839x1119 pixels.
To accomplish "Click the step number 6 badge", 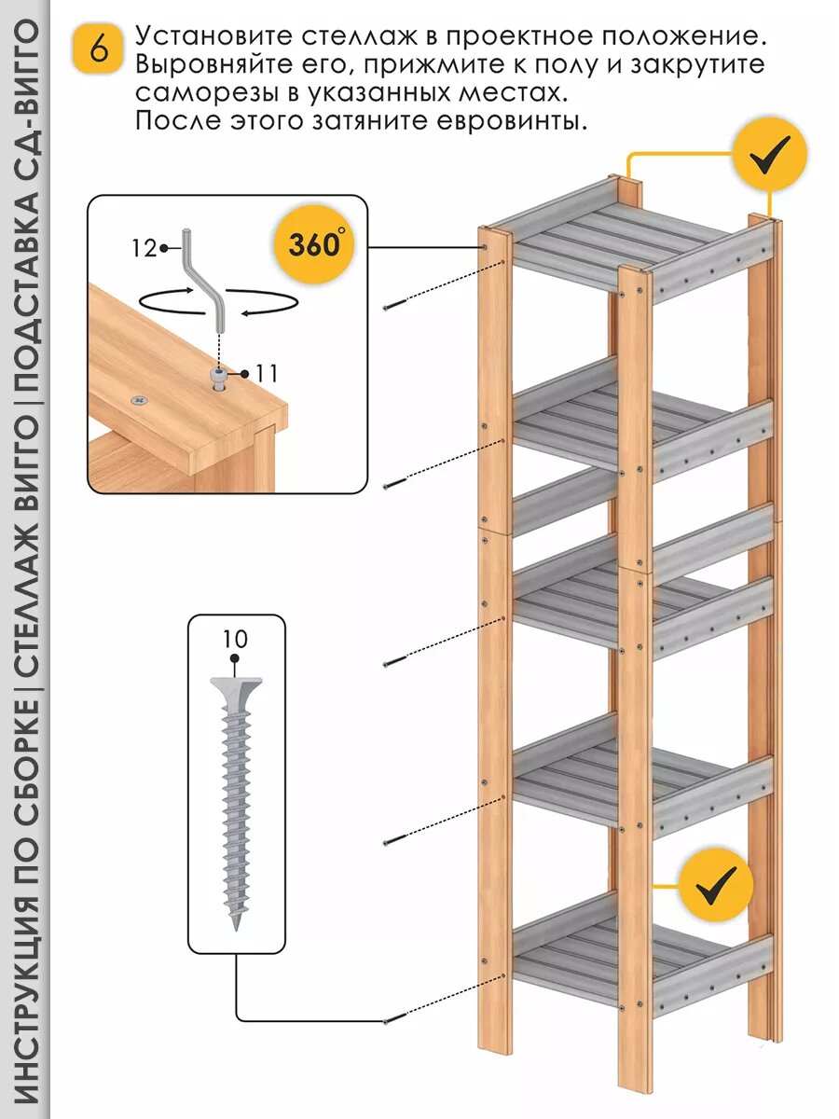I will coord(97,48).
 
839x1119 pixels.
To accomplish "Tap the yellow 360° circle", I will coord(314,245).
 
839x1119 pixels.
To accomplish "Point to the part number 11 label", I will coord(265,374).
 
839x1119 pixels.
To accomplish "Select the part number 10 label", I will coord(235,640).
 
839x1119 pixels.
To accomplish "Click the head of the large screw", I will coord(235,691).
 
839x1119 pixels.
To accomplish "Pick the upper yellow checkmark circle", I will coord(768,155).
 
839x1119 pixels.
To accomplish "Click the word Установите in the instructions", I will coord(210,38).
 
